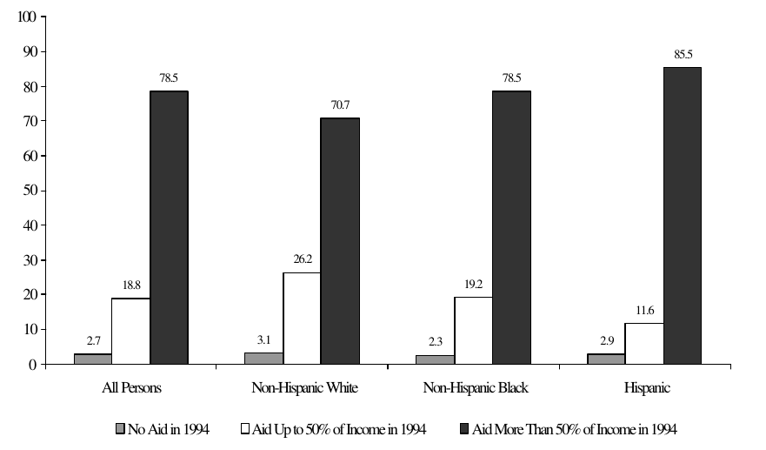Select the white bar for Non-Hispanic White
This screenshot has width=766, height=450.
tap(302, 319)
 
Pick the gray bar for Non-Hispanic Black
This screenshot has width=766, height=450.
tap(435, 359)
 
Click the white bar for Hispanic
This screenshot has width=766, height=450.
tap(644, 344)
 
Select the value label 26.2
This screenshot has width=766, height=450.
tap(301, 259)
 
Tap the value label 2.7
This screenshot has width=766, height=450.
tap(92, 341)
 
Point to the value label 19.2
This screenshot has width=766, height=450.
tap(473, 284)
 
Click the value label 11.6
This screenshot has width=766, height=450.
tap(644, 311)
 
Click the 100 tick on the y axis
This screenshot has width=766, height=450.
tap(26, 17)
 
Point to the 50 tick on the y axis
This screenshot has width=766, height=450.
tap(30, 191)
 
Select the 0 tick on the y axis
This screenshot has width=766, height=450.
tap(32, 364)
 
